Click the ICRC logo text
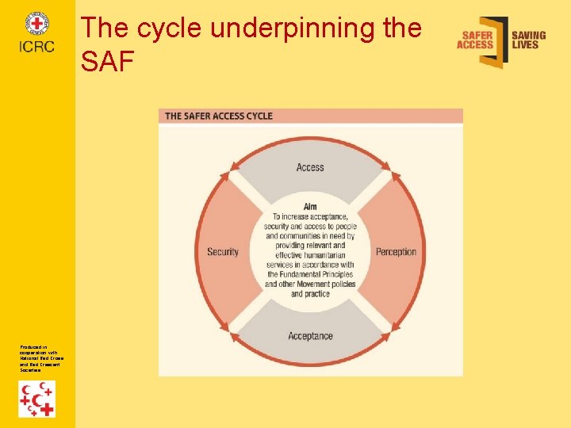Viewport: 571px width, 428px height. (37, 47)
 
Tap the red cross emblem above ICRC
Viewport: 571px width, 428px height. (37, 24)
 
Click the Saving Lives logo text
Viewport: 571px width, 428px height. (528, 40)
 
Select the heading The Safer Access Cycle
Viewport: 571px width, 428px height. (219, 116)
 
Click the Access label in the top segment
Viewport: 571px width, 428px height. (310, 167)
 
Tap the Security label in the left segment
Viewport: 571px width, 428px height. (223, 252)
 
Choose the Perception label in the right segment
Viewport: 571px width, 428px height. (396, 252)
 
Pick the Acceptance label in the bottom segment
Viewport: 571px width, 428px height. (310, 336)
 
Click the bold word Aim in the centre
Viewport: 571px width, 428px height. (310, 207)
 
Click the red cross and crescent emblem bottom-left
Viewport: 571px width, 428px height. (37, 399)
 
